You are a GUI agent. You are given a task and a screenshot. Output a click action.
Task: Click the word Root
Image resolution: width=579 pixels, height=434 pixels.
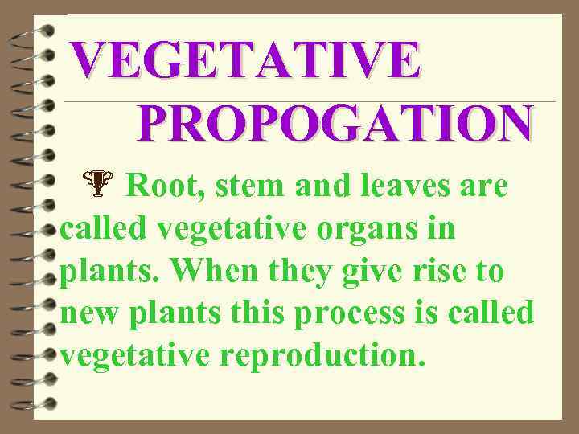click(x=159, y=187)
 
